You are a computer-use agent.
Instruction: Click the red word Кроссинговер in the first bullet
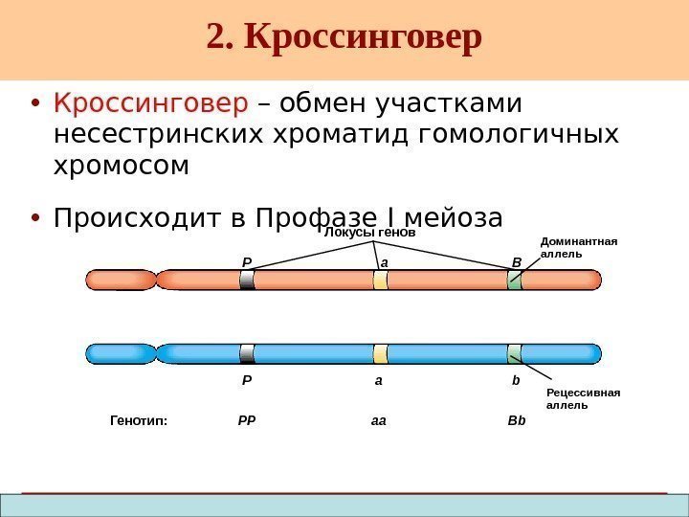(150, 101)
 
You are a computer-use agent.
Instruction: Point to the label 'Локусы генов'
(369, 233)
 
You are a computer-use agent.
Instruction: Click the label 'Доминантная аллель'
(579, 248)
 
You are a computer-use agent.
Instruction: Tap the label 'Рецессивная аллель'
(582, 398)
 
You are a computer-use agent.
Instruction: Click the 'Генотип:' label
(139, 419)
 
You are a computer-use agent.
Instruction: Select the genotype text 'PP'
(246, 419)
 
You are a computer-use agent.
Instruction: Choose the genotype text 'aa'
(378, 419)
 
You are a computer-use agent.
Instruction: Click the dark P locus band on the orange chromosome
(247, 280)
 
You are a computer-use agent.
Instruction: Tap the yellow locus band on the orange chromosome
(380, 280)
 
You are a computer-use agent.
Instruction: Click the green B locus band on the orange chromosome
(515, 280)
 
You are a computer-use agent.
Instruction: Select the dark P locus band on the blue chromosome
(247, 353)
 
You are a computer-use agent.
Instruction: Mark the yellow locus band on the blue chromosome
(380, 353)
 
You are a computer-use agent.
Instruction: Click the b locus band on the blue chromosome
(515, 353)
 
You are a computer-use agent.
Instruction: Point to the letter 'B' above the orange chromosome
(515, 260)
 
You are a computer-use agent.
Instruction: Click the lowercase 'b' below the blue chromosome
(515, 381)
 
